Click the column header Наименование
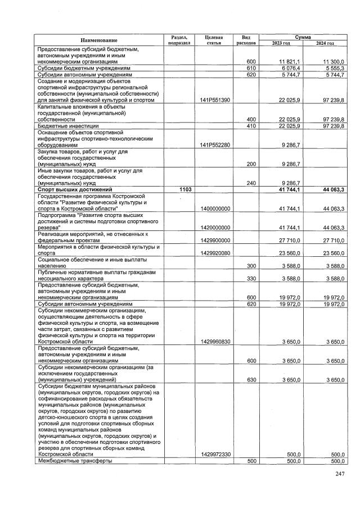pos(99,40)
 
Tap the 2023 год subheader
pos(281,43)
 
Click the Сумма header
pos(303,36)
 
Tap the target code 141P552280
pos(214,144)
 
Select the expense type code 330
pos(251,278)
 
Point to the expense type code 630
pos(251,380)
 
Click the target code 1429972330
pos(214,454)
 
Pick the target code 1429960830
pos(214,341)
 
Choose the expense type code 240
pos(251,183)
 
